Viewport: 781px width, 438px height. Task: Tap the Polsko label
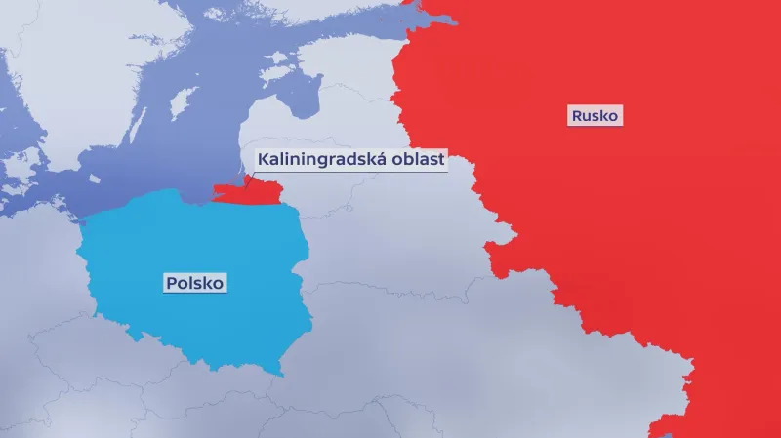click(195, 283)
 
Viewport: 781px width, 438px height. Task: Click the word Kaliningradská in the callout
click(309, 159)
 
